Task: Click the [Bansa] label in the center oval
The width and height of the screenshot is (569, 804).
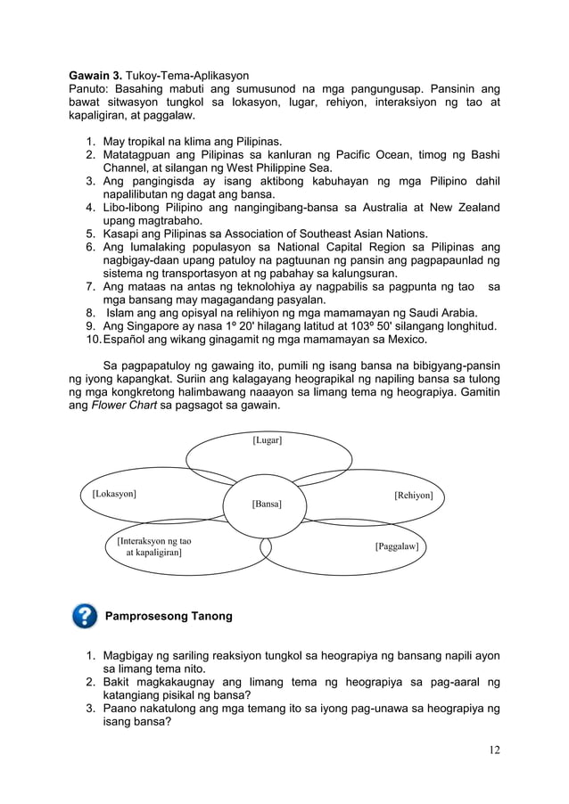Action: coord(267,505)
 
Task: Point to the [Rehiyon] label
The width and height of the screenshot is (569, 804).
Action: coord(413,495)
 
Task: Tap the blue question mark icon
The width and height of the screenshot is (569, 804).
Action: coord(84,616)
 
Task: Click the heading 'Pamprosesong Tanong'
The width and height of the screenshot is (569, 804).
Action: coord(169,616)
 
